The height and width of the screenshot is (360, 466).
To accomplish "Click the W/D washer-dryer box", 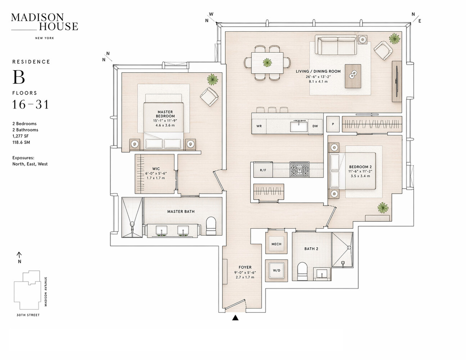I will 276,270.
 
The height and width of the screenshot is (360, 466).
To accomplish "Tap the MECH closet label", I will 276,244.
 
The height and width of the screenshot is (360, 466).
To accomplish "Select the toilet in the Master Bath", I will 210,226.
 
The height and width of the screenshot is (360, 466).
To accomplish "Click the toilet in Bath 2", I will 302,271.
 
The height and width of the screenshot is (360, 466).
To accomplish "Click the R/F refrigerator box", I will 263,170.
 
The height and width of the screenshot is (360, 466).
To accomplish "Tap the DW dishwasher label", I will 315,126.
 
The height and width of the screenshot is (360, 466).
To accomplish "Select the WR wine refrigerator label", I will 259,126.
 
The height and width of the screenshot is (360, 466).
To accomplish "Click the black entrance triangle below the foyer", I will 235,318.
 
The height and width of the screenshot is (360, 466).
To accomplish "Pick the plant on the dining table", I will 267,63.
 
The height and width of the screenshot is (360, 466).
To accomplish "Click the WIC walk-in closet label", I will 156,169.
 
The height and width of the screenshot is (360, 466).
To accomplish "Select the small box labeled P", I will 333,124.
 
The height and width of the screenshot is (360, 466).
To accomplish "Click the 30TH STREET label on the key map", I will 28,315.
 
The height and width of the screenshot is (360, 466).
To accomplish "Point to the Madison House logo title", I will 44,22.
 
